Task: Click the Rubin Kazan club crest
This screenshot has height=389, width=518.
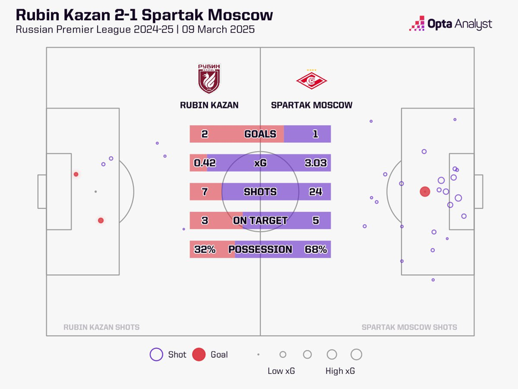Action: pyautogui.click(x=209, y=79)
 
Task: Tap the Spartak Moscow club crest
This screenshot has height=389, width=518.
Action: pyautogui.click(x=311, y=80)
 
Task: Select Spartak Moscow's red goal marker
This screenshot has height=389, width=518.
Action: pyautogui.click(x=425, y=192)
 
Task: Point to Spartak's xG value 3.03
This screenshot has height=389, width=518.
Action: pyautogui.click(x=316, y=163)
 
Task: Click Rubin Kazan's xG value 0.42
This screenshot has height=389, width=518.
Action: pyautogui.click(x=204, y=163)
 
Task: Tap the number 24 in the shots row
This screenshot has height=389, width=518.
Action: pyautogui.click(x=316, y=192)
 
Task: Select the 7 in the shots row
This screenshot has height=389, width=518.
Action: pyautogui.click(x=204, y=192)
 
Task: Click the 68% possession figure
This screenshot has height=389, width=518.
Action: pyautogui.click(x=316, y=249)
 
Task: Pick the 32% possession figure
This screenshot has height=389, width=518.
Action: pyautogui.click(x=204, y=249)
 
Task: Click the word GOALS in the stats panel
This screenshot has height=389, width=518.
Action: pyautogui.click(x=260, y=134)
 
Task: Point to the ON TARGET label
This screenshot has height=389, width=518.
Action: pyautogui.click(x=260, y=221)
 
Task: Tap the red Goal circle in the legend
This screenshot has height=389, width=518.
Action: pyautogui.click(x=199, y=355)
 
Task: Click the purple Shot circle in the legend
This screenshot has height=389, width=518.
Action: pyautogui.click(x=156, y=355)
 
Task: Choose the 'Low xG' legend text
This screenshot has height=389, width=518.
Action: pyautogui.click(x=281, y=371)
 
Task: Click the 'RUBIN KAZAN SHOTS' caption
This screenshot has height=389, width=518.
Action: pyautogui.click(x=101, y=327)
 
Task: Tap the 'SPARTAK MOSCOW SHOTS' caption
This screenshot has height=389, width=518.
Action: pyautogui.click(x=409, y=327)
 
